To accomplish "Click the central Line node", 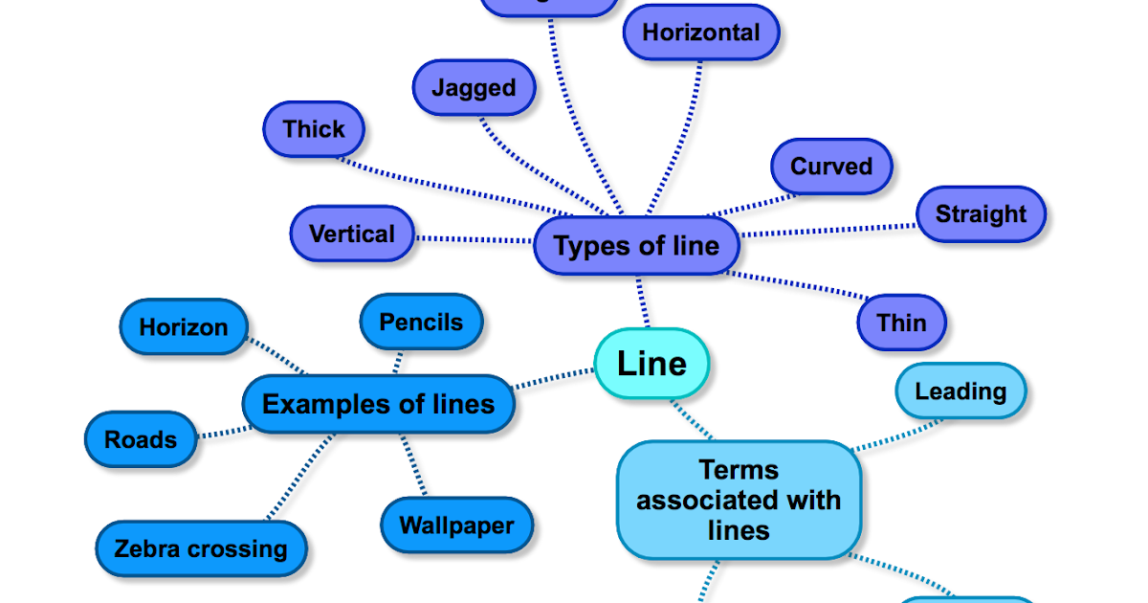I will click(651, 364).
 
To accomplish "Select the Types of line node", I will click(636, 246).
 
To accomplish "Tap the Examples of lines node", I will click(378, 404).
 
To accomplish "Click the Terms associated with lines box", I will click(739, 500).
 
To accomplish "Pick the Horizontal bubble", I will click(700, 33).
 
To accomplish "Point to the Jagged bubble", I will click(474, 88).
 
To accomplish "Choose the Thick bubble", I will click(314, 128).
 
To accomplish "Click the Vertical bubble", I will click(352, 234).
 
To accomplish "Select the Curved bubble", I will click(831, 166).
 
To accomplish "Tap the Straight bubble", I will click(981, 213).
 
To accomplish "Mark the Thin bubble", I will click(901, 323).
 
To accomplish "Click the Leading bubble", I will click(960, 391).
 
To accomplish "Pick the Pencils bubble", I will click(421, 322).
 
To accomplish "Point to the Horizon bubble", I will click(184, 326).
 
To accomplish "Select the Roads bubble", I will click(141, 439).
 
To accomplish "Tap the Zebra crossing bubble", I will click(201, 548).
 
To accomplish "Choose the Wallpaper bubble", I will click(456, 525).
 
